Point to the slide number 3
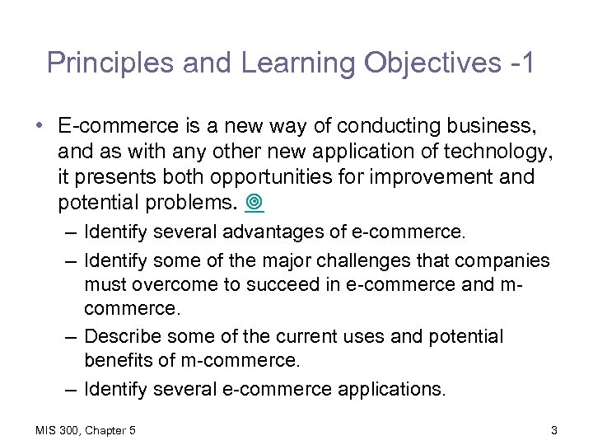pyautogui.click(x=554, y=430)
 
